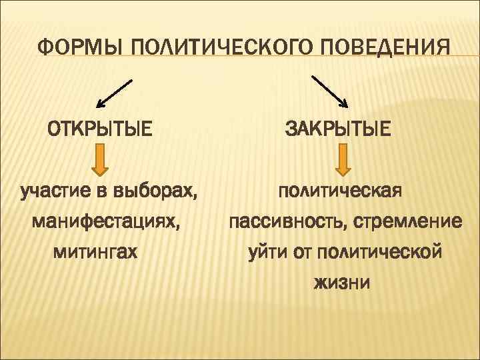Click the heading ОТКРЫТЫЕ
pyautogui.click(x=99, y=126)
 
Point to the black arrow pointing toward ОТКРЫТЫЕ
pyautogui.click(x=114, y=94)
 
